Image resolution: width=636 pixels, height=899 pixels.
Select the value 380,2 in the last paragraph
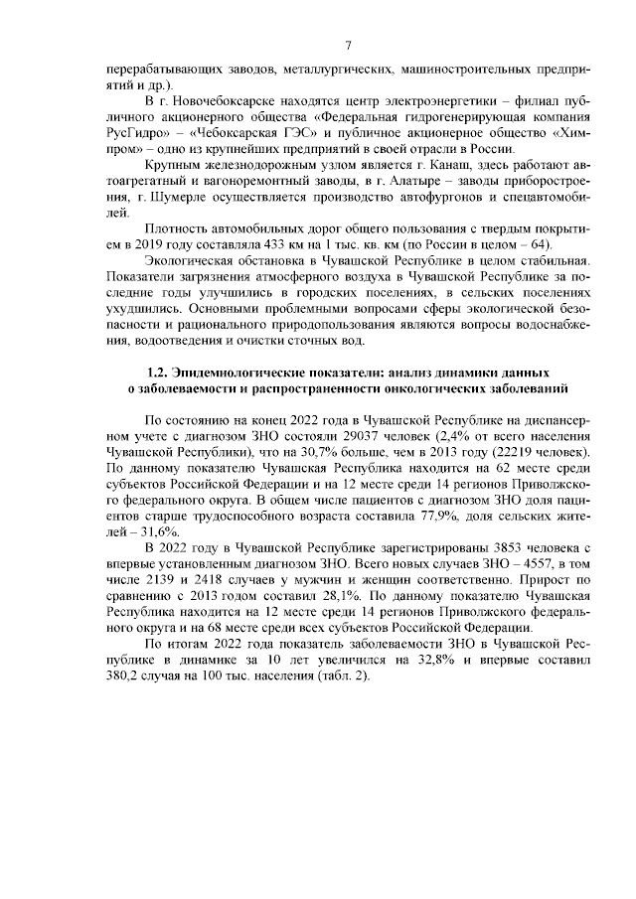tap(126, 674)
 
